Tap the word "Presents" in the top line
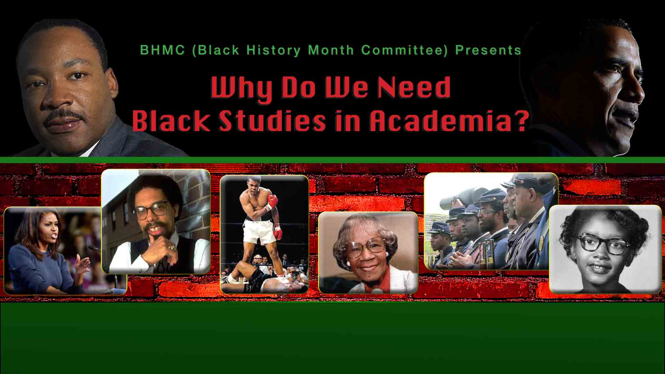(488, 50)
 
